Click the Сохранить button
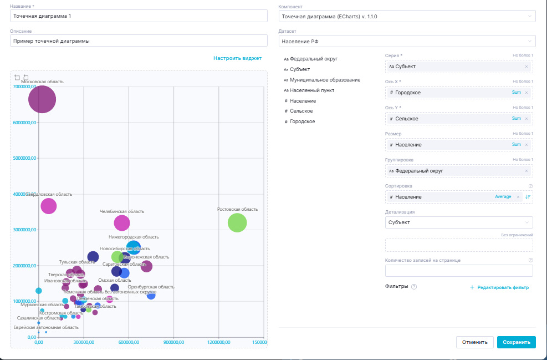coord(516,342)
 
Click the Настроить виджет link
coord(237,58)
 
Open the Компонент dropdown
coord(407,17)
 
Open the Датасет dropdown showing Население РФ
coord(407,41)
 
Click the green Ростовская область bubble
coord(237,222)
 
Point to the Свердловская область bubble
coord(49,206)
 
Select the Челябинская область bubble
coord(122,223)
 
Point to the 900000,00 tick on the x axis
coord(174,342)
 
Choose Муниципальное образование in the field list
coord(325,80)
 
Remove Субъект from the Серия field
coord(526,67)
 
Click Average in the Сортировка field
coord(503,197)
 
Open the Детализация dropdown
coord(458,222)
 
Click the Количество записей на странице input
coord(458,271)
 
